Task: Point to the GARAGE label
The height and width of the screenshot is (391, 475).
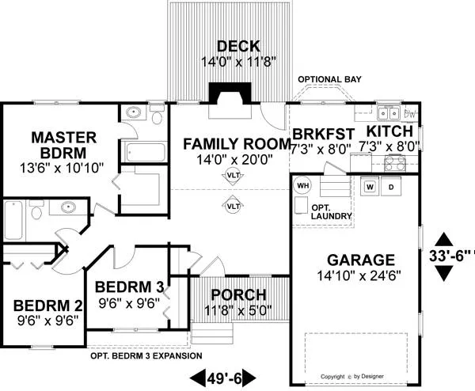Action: click(x=355, y=260)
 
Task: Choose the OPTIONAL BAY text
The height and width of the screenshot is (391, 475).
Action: click(x=329, y=80)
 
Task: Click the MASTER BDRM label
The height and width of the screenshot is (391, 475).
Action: click(x=58, y=144)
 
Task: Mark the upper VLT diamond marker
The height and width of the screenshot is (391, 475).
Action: click(x=234, y=176)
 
